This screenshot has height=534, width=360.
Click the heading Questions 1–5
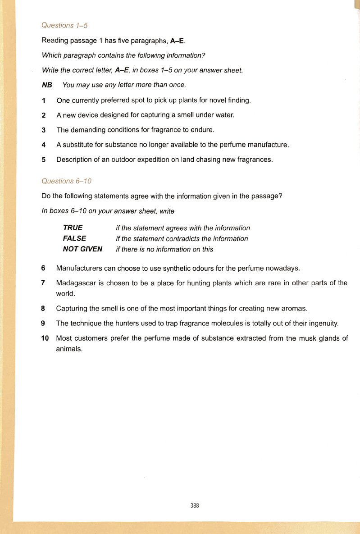pos(64,25)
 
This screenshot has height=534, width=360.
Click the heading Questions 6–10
pos(66,181)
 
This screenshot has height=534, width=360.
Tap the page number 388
pos(195,506)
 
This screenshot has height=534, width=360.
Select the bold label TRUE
pos(73,228)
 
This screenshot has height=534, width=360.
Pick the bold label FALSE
pos(74,238)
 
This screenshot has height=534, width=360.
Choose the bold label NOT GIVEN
pos(82,249)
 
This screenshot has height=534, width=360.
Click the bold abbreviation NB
pos(47,85)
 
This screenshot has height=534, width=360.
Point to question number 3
pos(44,130)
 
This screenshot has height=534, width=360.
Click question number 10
pos(45,338)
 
